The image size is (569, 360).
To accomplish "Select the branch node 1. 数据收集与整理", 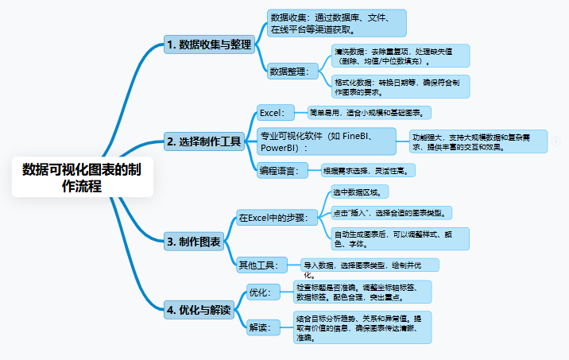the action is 208,45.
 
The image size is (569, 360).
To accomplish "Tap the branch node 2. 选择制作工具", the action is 203,142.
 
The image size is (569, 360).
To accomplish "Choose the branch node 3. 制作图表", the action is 193,241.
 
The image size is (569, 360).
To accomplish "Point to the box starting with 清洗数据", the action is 401,55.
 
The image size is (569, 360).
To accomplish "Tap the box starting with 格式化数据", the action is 401,86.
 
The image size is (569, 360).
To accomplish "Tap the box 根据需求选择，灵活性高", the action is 368,169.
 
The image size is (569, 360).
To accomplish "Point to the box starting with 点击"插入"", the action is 392,212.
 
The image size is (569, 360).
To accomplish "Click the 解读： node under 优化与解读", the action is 259,327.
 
